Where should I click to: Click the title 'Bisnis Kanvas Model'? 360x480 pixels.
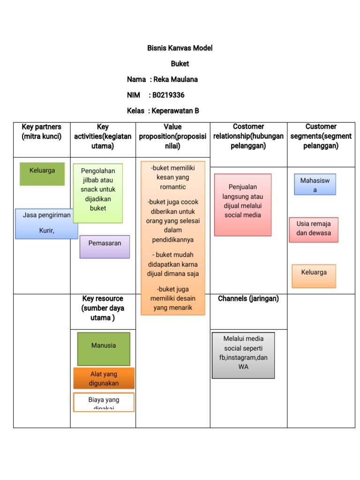point(180,48)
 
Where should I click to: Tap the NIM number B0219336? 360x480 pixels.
point(168,95)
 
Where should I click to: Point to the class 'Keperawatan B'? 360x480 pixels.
point(175,111)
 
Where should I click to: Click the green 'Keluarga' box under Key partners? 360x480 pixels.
point(42,173)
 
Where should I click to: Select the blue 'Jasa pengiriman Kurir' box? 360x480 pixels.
point(46,223)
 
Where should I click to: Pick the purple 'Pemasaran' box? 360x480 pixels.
point(105,246)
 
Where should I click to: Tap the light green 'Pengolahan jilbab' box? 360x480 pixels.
point(98,193)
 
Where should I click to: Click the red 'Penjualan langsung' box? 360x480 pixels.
point(242,204)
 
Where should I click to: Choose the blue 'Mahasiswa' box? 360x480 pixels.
point(315,184)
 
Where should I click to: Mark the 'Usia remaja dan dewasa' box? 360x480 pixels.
point(314,229)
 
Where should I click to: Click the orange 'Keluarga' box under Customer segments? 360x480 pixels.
point(314,276)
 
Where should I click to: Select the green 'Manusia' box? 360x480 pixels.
point(104,349)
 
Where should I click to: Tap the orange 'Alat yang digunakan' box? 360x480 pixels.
point(104,378)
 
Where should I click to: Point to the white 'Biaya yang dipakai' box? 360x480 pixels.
point(104,402)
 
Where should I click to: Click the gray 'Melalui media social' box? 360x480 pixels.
point(243,355)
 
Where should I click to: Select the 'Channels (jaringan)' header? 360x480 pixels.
point(248,299)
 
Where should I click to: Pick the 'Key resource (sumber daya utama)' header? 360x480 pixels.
point(103,308)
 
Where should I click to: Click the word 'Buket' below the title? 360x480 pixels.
point(180,64)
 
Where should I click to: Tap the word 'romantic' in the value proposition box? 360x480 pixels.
point(173,187)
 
